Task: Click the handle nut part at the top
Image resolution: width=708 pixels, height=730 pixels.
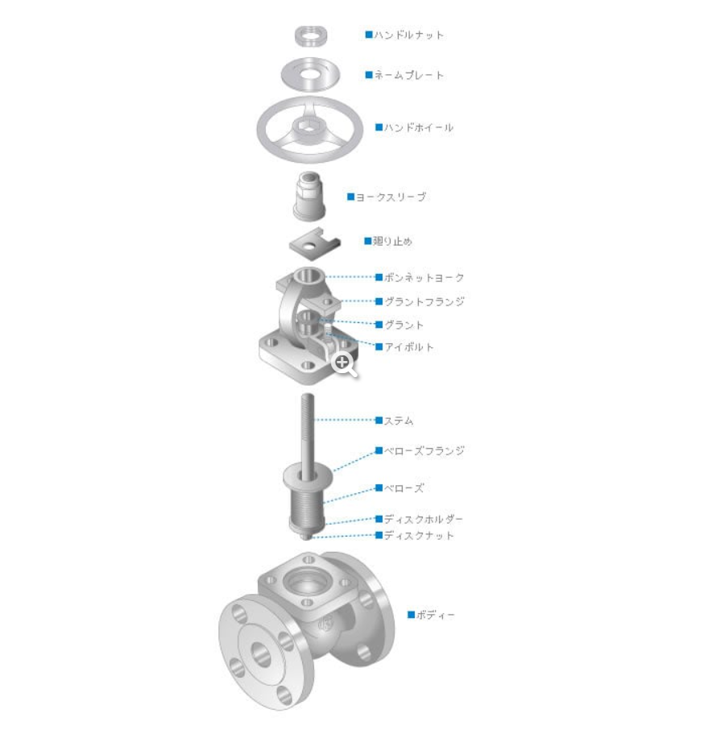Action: (x=310, y=35)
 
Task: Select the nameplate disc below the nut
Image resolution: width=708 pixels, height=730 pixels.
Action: (x=310, y=74)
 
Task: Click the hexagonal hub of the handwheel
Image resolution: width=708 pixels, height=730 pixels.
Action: (x=308, y=126)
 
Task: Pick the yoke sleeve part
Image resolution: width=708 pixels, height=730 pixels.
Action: (x=309, y=196)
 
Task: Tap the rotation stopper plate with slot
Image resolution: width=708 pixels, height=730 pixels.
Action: (x=315, y=243)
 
